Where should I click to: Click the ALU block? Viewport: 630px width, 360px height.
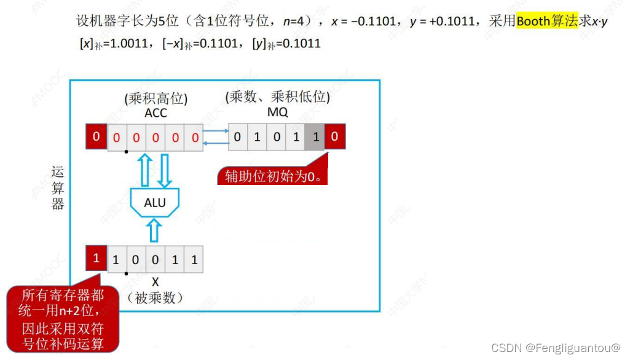(x=155, y=203)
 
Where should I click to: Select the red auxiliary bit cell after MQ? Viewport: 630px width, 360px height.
(x=335, y=137)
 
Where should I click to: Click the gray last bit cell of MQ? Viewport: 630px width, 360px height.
(x=316, y=137)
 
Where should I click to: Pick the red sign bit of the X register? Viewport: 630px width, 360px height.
(x=96, y=259)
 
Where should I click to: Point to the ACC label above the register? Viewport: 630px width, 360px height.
(x=156, y=113)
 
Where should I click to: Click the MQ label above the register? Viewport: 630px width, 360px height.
(x=278, y=113)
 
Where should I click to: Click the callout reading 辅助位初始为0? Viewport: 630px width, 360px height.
(x=273, y=176)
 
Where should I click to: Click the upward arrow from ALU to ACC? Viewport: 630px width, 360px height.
(x=145, y=170)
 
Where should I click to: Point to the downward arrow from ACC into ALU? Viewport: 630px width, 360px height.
(x=165, y=170)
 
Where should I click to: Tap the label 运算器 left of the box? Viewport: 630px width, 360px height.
(x=58, y=188)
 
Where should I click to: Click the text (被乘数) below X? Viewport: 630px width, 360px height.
(x=156, y=298)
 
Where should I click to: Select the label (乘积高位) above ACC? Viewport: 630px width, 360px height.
(x=156, y=98)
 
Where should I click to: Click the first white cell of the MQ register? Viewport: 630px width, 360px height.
(x=238, y=137)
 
